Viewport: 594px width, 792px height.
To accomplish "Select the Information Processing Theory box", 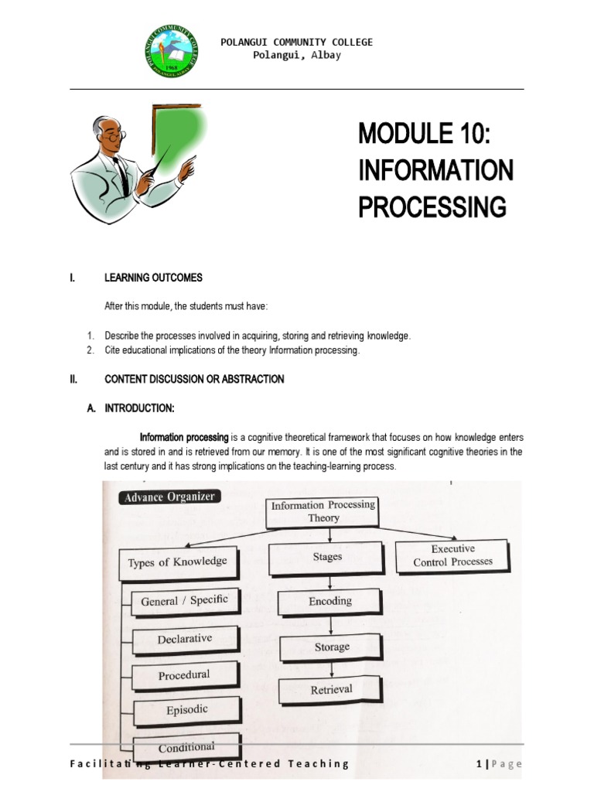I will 323,511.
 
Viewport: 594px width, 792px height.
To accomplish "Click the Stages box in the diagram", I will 327,557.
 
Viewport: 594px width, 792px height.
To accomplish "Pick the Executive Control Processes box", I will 452,555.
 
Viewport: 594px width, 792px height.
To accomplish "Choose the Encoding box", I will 330,602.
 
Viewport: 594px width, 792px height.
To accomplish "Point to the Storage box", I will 332,647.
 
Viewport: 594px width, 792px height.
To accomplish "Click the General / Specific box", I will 184,601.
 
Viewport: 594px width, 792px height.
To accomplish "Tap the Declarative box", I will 184,639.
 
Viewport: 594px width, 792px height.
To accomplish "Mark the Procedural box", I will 183,674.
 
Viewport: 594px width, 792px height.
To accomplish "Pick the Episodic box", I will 186,709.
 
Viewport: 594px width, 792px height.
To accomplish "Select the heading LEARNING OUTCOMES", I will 153,278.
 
